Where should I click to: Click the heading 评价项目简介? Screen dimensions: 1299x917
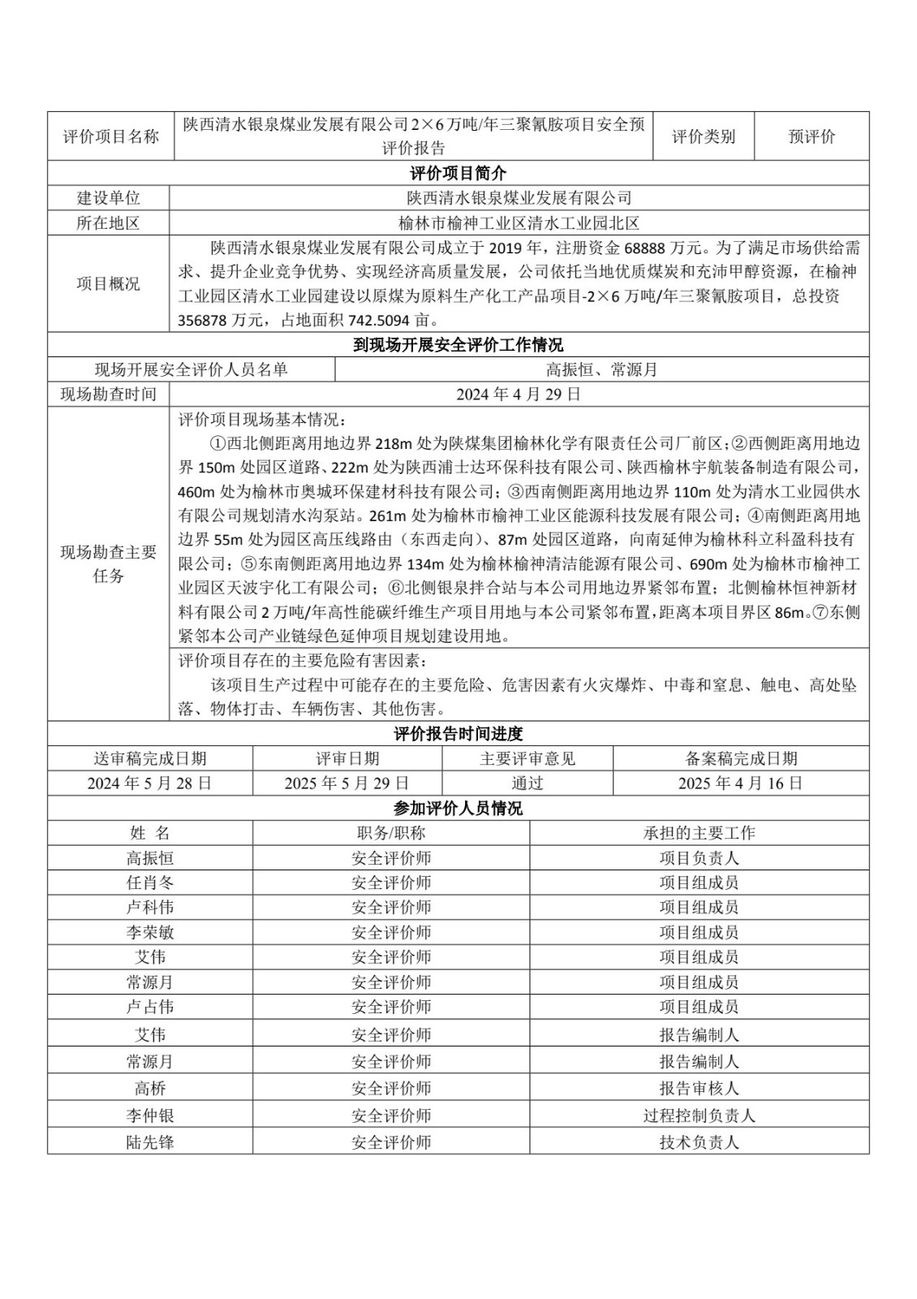click(458, 174)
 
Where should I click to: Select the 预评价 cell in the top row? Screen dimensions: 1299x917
click(811, 136)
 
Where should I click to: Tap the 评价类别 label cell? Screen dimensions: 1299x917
click(703, 136)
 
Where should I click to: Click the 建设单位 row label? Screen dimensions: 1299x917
click(108, 198)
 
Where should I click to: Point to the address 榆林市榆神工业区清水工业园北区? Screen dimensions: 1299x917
click(519, 223)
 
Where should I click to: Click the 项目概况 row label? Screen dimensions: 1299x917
click(108, 283)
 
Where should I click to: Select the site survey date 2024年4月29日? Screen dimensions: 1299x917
click(519, 395)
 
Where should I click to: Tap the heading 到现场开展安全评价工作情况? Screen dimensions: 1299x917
click(458, 345)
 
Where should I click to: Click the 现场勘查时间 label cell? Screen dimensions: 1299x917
click(108, 395)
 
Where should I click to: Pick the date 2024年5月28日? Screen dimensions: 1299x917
click(149, 783)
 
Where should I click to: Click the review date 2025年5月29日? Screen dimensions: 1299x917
click(347, 783)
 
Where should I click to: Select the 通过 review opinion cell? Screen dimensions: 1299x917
click(527, 783)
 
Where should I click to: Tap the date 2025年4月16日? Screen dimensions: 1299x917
click(740, 783)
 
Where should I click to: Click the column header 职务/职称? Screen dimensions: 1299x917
click(390, 833)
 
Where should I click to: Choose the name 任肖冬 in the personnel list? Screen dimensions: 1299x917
click(149, 883)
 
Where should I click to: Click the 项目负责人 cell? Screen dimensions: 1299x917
click(699, 858)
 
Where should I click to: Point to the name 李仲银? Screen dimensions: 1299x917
click(149, 1116)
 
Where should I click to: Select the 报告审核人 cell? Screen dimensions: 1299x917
click(699, 1088)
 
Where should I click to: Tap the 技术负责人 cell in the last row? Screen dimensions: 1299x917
click(699, 1142)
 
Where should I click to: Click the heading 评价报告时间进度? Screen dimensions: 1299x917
click(458, 734)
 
